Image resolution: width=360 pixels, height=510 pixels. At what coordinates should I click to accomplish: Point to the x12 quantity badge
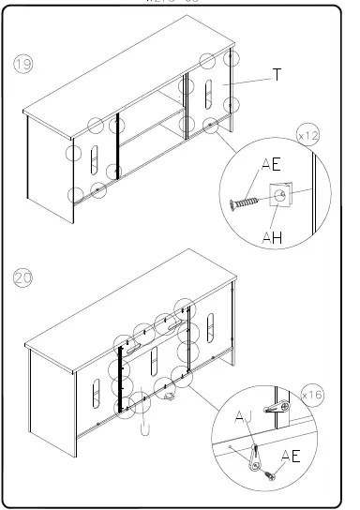[307, 136]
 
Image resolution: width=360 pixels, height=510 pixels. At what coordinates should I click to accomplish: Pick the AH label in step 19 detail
[273, 239]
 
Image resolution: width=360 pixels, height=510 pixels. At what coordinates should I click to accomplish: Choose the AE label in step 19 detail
[271, 165]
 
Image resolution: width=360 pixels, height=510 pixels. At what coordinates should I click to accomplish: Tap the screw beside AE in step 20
[270, 475]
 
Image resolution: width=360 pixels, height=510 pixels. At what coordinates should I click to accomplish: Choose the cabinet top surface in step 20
[131, 300]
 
